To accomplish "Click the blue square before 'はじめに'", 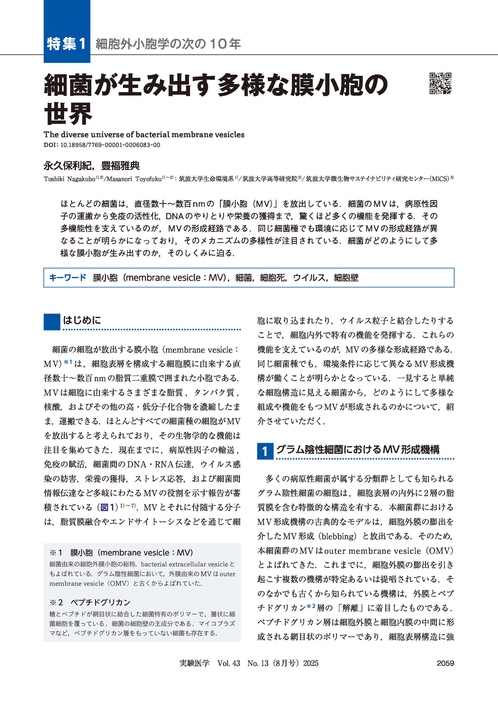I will tap(52, 322).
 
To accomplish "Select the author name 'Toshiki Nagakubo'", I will tap(69, 179).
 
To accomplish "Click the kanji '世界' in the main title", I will tap(68, 113).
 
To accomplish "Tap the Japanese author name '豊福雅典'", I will tap(120, 166).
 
